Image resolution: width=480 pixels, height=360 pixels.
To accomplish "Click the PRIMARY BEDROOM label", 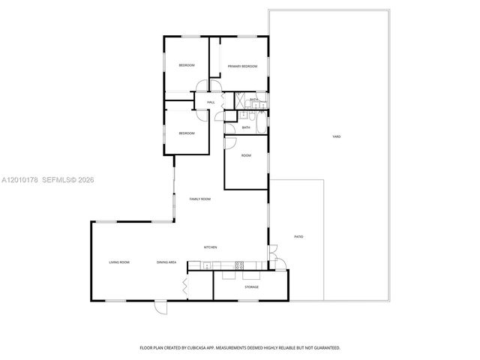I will point(242,66).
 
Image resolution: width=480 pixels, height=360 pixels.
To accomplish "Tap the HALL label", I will point(211,102).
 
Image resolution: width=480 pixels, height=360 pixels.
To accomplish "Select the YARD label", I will point(337,136).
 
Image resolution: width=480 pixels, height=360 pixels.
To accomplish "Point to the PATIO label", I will point(298,237).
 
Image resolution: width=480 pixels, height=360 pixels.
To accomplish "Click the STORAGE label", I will point(251,286).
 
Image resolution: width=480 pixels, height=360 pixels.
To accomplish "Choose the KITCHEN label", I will point(211,247).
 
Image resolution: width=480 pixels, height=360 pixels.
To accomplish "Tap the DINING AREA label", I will point(166,262).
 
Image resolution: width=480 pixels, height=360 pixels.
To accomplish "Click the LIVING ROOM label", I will point(119,262).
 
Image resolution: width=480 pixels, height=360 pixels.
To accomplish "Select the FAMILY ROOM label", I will point(199,199).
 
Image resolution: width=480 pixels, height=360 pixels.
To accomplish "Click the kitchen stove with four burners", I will point(239,264).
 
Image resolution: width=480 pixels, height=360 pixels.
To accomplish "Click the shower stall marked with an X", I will point(241,100).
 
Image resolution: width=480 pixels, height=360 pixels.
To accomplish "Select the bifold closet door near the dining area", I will point(184,285).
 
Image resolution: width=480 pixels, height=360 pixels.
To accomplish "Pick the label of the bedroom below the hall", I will point(186,133).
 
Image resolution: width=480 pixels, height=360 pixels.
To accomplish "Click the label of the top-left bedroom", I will point(186,66).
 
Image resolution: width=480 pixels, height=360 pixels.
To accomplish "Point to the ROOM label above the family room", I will point(246,155).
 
